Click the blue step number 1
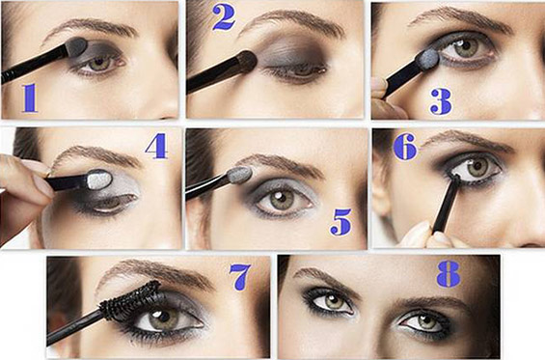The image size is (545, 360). pyautogui.click(x=30, y=97)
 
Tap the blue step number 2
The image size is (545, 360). pyautogui.click(x=224, y=17)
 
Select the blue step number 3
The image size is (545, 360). pyautogui.click(x=441, y=101)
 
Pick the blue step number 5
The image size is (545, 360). pyautogui.click(x=341, y=222)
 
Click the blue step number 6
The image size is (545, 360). pyautogui.click(x=405, y=147)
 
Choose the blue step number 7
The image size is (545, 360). pyautogui.click(x=240, y=277)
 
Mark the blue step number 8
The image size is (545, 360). pyautogui.click(x=449, y=274)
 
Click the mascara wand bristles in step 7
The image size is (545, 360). pyautogui.click(x=131, y=301)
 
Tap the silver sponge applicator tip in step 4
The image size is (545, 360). pyautogui.click(x=99, y=180)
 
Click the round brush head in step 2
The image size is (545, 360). pyautogui.click(x=247, y=62)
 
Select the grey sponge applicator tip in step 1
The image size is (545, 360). pyautogui.click(x=76, y=46)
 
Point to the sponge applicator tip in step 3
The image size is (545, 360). pyautogui.click(x=428, y=58)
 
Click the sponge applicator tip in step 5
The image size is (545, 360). pyautogui.click(x=239, y=175)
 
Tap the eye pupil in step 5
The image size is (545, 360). pyautogui.click(x=278, y=201)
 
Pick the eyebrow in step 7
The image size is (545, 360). pyautogui.click(x=153, y=274)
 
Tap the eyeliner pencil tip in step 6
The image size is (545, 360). pyautogui.click(x=455, y=179)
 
